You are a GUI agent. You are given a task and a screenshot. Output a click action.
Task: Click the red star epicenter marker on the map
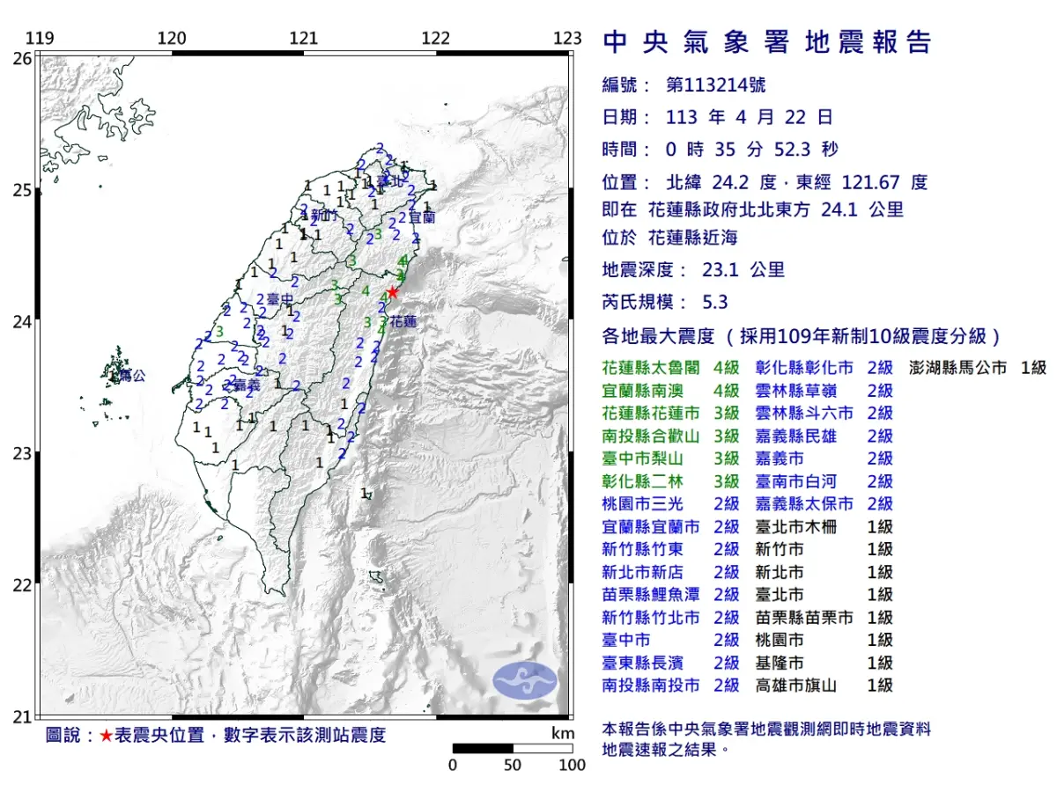point(393,292)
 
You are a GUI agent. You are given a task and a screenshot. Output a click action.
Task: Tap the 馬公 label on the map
point(131,376)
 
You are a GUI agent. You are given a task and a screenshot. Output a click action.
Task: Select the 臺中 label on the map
point(279,299)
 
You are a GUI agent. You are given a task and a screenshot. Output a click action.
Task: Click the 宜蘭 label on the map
point(422,216)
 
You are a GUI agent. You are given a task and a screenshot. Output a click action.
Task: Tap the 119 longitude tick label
point(39,38)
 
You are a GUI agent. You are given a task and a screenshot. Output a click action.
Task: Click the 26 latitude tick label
point(22,58)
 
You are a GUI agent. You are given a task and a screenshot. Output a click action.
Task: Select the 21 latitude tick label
point(22,716)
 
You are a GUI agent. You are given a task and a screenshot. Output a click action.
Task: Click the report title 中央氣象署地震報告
point(766,41)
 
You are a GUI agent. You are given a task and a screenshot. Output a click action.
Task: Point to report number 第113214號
point(715,85)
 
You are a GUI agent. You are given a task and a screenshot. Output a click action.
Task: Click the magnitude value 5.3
point(715,302)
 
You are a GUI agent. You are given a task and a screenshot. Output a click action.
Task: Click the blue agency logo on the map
point(525,681)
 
